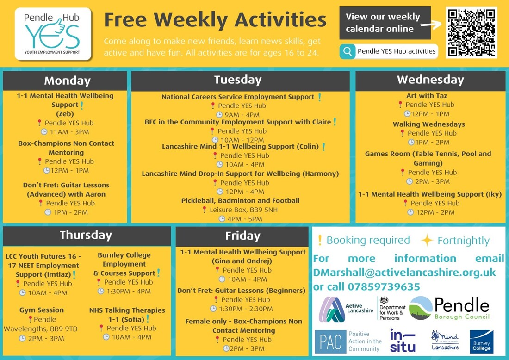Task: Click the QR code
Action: pyautogui.click(x=472, y=32)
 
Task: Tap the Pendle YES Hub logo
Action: pyautogui.click(x=53, y=34)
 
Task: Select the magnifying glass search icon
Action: pyautogui.click(x=348, y=52)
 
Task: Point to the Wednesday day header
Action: pyautogui.click(x=430, y=80)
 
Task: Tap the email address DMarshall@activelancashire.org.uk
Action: pyautogui.click(x=404, y=273)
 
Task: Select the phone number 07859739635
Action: pyautogui.click(x=384, y=286)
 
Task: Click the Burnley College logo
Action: pyautogui.click(x=481, y=341)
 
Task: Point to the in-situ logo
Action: pyautogui.click(x=403, y=341)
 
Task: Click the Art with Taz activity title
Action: pyautogui.click(x=427, y=96)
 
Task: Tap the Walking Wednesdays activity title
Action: pyautogui.click(x=428, y=124)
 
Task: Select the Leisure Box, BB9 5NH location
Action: pyautogui.click(x=243, y=210)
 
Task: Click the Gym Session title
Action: pyautogui.click(x=42, y=310)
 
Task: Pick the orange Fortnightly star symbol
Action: pyautogui.click(x=427, y=241)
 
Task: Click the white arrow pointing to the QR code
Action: pyautogui.click(x=431, y=24)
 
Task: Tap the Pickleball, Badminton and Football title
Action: pyautogui.click(x=240, y=201)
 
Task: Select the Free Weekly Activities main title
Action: pyautogui.click(x=215, y=20)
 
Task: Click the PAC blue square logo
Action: pyautogui.click(x=330, y=341)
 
